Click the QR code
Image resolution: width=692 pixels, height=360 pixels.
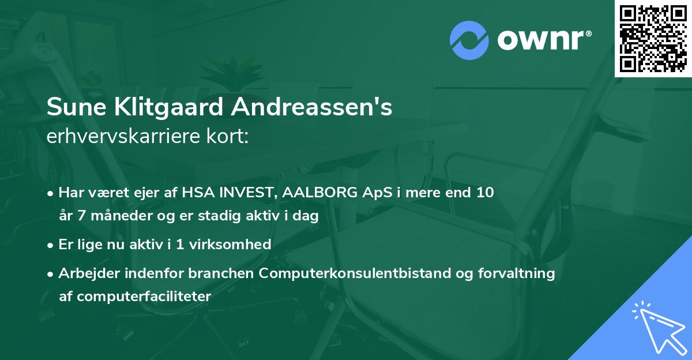coord(653,39)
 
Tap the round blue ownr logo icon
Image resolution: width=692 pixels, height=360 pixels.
coord(469,40)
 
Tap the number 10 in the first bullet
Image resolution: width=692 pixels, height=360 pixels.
coord(485,193)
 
